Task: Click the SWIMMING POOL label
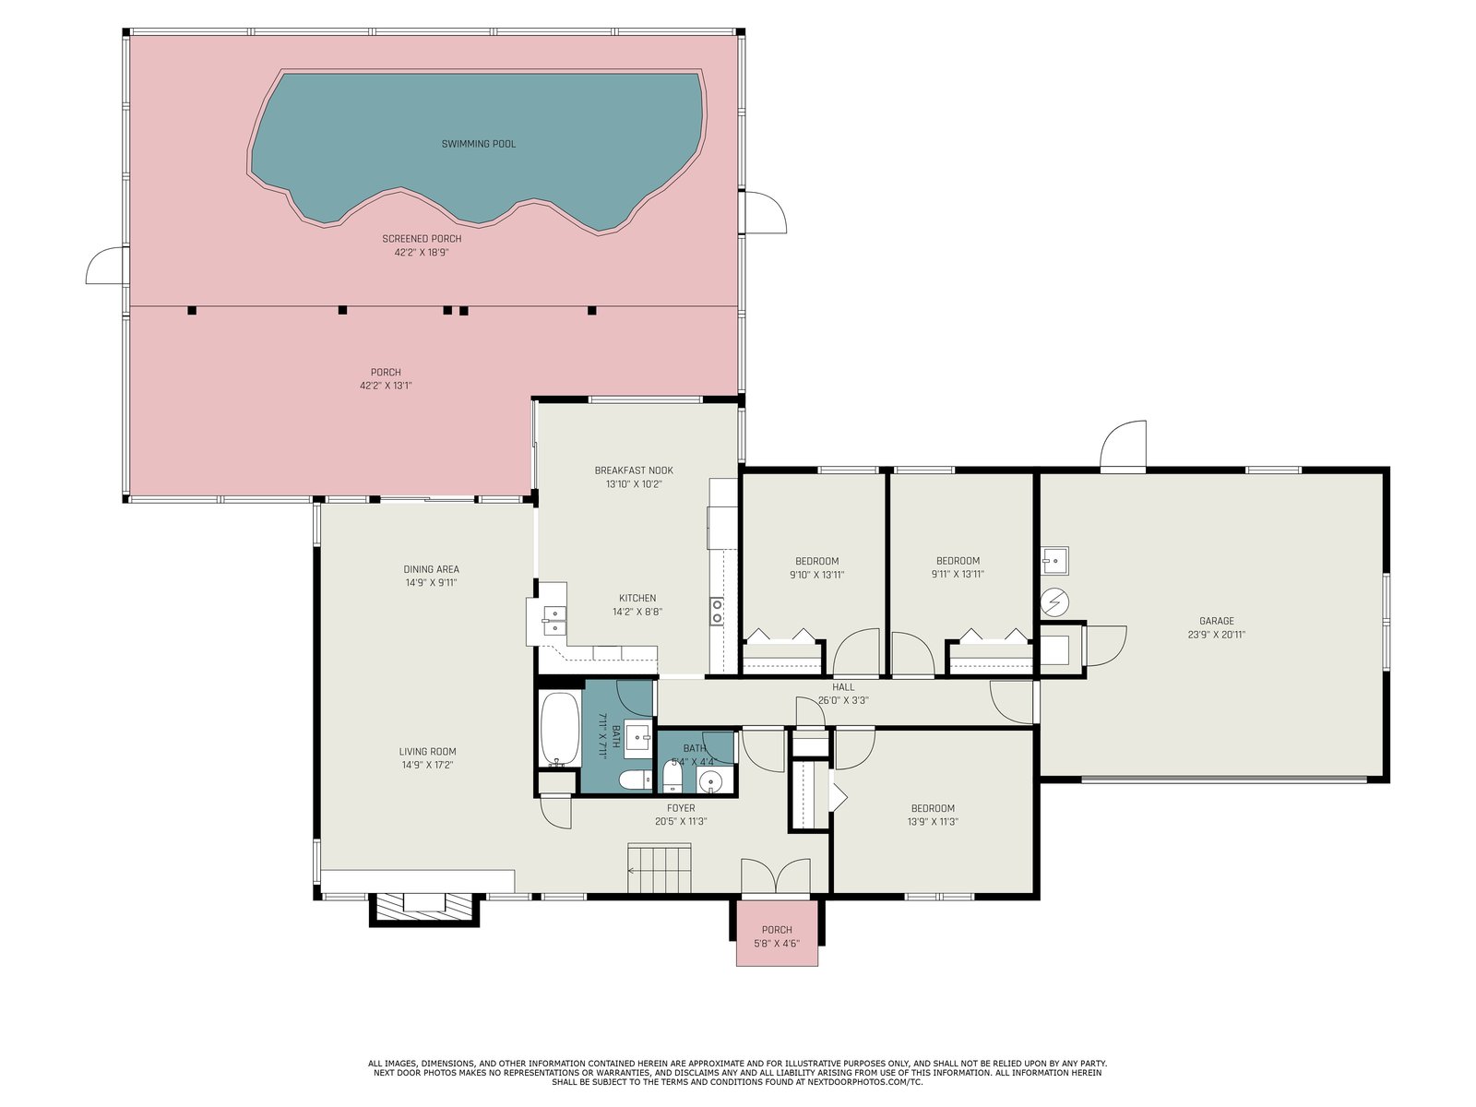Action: (478, 144)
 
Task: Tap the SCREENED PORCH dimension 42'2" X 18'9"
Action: (422, 253)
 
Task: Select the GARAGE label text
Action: (1217, 621)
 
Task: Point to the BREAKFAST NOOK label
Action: (634, 470)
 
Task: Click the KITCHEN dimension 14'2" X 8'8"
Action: (637, 612)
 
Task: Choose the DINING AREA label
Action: (431, 569)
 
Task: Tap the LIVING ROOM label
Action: (428, 752)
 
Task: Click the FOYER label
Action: (681, 808)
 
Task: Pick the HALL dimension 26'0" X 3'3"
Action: (843, 700)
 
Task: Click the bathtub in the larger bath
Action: (560, 730)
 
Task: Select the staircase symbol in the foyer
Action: (660, 869)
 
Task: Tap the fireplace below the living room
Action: (424, 910)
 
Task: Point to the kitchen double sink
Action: (554, 620)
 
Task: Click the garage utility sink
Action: (1055, 561)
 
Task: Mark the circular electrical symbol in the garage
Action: (1053, 602)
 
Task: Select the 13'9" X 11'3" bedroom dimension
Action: (933, 821)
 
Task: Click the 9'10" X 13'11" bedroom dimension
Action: (817, 575)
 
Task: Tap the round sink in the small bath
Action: (710, 781)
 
